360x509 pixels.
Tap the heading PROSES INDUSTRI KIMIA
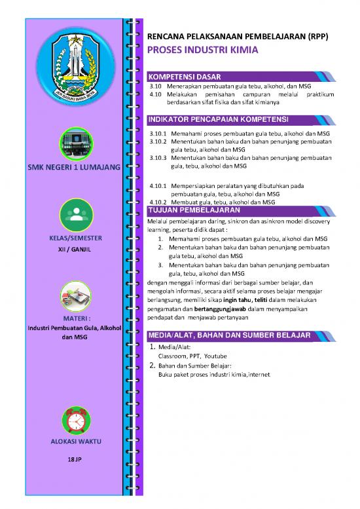coord(202,49)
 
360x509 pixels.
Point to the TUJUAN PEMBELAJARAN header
coord(193,211)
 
